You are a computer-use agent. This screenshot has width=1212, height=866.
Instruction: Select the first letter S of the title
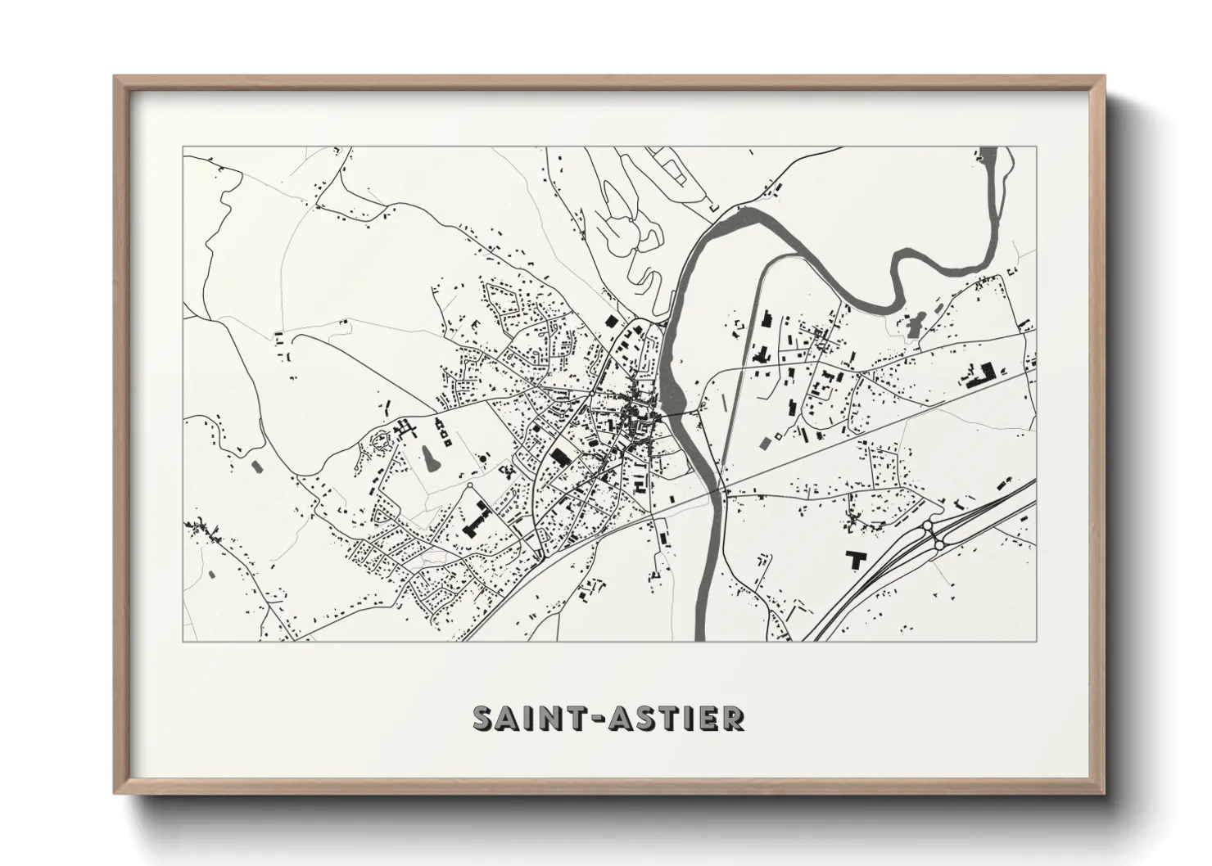coord(483,718)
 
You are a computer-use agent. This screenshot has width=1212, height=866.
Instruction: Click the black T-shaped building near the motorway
coord(857,559)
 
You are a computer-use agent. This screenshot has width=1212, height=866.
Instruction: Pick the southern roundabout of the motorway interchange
coord(939,542)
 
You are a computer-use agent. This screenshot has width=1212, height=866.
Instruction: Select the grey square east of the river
coord(766,443)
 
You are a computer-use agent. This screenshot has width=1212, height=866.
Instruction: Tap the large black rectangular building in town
coord(559,456)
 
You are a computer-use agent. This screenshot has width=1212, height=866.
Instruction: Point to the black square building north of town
coord(610,322)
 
